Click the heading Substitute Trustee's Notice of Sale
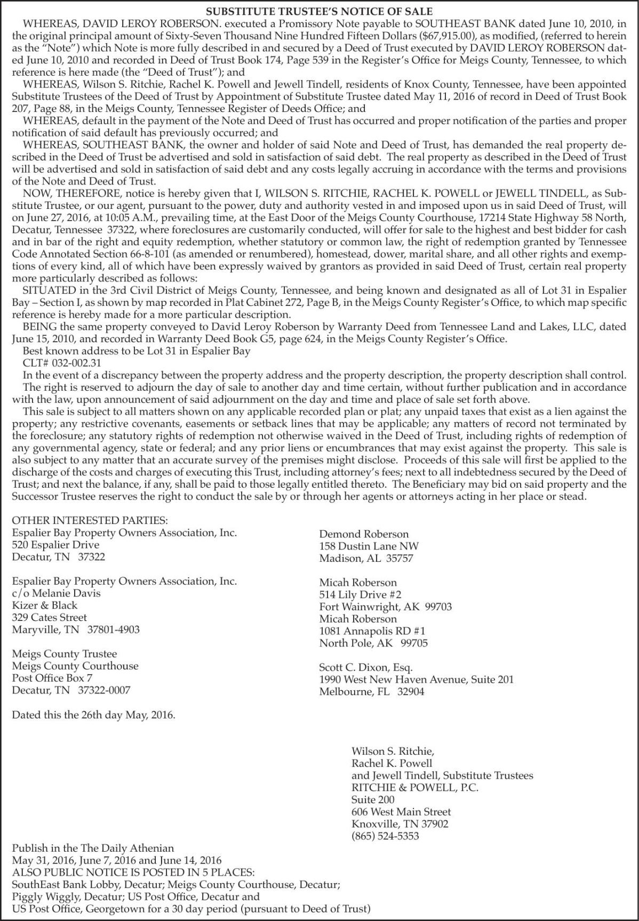[319, 11]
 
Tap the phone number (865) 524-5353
[385, 836]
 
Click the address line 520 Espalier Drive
[55, 545]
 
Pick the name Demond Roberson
[364, 534]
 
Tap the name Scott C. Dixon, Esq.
[366, 667]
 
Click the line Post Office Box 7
[52, 678]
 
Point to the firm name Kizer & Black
[45, 605]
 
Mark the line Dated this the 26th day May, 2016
[93, 715]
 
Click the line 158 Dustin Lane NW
[369, 546]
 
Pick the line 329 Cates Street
[50, 618]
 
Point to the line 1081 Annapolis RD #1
[372, 631]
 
